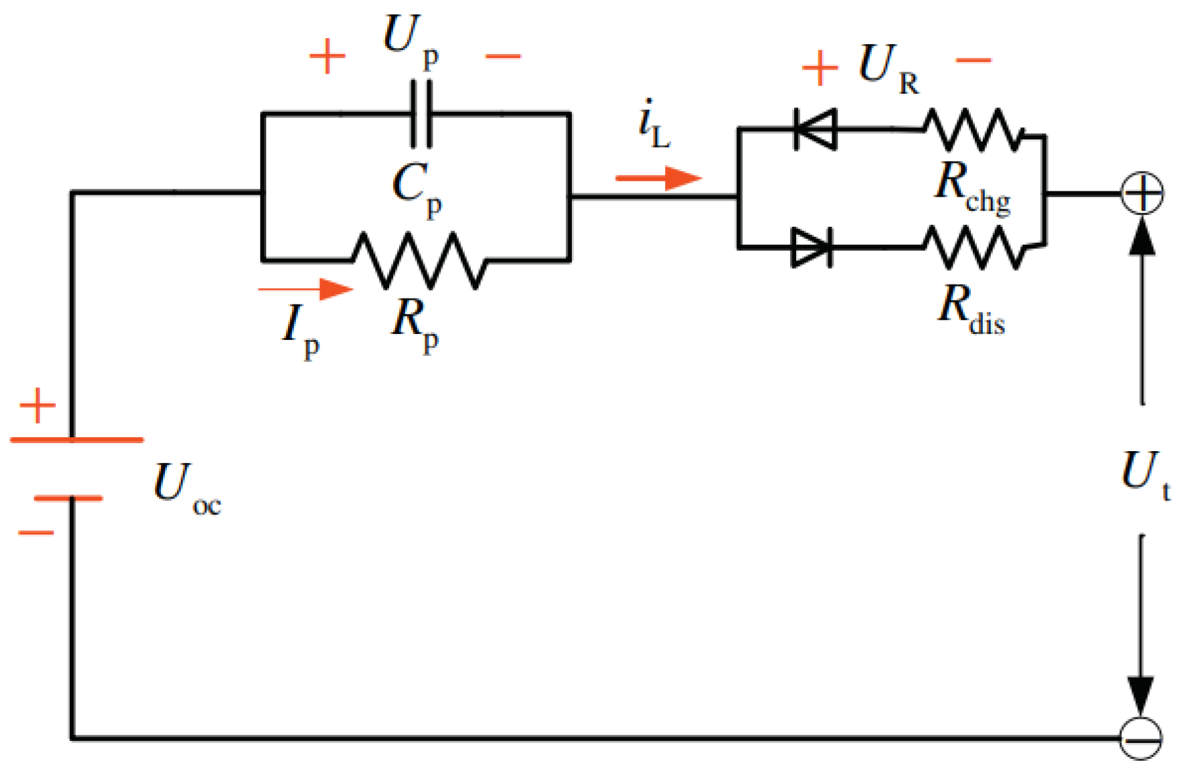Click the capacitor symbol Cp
click(421, 114)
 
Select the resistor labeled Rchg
click(974, 130)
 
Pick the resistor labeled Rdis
click(974, 247)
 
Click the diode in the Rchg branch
click(815, 130)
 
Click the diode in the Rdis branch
click(813, 247)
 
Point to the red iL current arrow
click(658, 178)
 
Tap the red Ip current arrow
click(306, 289)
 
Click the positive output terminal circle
click(1142, 193)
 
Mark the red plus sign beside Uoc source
click(37, 406)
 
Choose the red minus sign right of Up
click(503, 57)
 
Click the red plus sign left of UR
click(820, 68)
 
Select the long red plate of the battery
click(77, 439)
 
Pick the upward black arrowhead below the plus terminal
click(1143, 237)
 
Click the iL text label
click(653, 125)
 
